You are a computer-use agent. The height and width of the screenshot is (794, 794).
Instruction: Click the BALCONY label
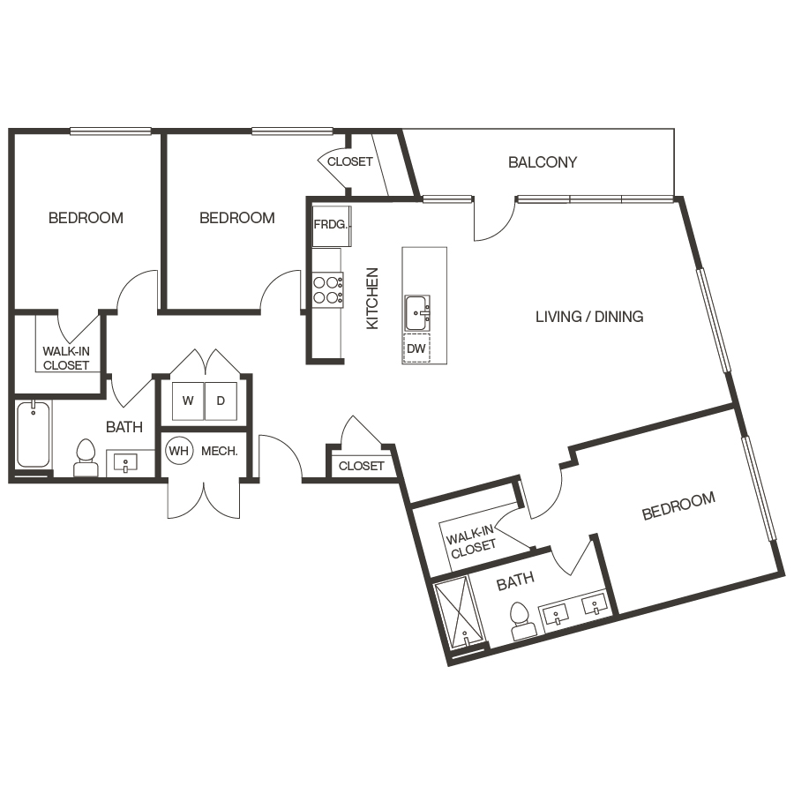coord(543,162)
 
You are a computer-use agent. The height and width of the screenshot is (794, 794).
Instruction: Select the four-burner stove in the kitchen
coord(328,290)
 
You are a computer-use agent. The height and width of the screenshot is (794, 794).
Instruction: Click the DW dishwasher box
coord(416,349)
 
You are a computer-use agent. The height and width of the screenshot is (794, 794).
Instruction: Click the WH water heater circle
coord(178,451)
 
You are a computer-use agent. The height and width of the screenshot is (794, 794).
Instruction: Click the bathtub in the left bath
coord(34,434)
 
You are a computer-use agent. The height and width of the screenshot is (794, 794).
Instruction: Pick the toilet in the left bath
coord(86,457)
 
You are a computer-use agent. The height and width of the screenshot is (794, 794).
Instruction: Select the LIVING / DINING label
coord(589,317)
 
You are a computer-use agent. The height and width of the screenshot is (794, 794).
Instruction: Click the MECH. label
coord(219,451)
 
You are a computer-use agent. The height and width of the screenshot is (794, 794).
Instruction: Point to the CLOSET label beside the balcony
coord(349,162)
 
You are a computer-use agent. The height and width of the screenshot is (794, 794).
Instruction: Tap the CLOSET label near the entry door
coord(362,466)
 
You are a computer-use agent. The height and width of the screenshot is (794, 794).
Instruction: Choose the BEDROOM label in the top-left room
coord(86,218)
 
